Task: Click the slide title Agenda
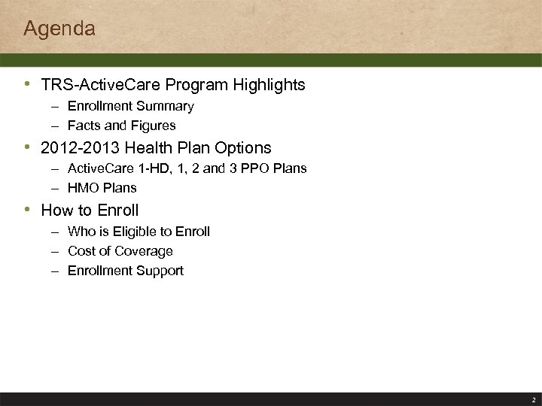[59, 29]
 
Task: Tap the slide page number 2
[533, 400]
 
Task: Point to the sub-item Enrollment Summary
[130, 107]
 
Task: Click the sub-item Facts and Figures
[121, 126]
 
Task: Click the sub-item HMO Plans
[102, 187]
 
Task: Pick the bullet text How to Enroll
[90, 211]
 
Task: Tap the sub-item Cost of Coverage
[120, 251]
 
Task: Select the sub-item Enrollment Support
[125, 271]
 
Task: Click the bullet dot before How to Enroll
[29, 210]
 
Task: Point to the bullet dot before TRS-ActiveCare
[29, 84]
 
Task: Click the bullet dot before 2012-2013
[29, 147]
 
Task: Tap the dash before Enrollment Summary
[56, 107]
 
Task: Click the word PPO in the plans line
[254, 168]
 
